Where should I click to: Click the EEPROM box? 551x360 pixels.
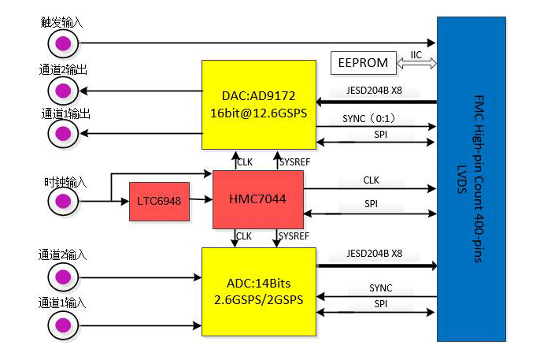[364, 62]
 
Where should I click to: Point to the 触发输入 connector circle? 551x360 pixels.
[63, 42]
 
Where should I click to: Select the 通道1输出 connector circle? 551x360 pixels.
[63, 133]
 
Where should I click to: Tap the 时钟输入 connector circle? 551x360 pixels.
[63, 202]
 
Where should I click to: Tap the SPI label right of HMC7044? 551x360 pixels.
[372, 203]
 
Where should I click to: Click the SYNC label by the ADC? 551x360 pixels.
[380, 288]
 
